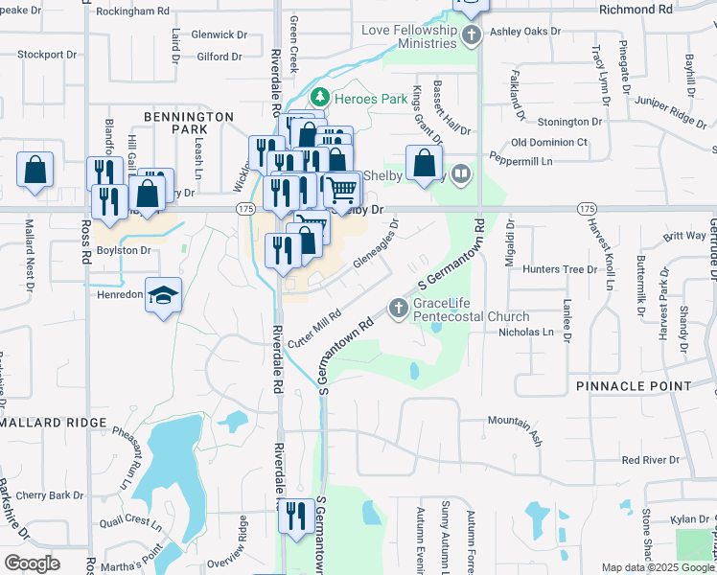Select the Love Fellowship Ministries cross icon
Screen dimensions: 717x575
[x=470, y=36]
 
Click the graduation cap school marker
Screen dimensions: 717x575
[x=164, y=296]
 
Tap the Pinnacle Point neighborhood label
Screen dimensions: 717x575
[x=634, y=385]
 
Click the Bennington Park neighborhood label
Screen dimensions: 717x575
[x=189, y=122]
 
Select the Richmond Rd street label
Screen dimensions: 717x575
[x=636, y=9]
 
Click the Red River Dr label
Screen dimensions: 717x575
[x=650, y=460]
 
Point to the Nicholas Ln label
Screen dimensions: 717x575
[x=526, y=333]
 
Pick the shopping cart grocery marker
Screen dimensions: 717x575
[x=341, y=193]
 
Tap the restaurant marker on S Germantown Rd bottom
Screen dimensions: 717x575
[x=295, y=516]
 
